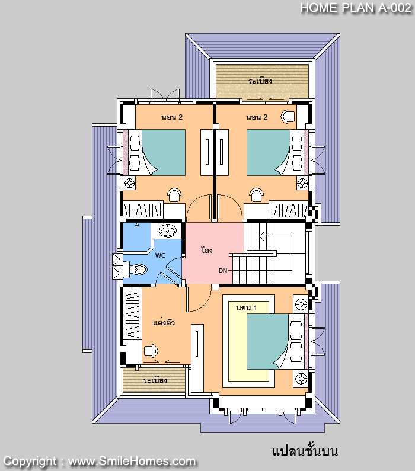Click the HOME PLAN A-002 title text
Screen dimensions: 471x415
[x=355, y=8]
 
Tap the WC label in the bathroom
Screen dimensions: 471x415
[x=160, y=256]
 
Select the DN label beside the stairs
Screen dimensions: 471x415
[x=223, y=270]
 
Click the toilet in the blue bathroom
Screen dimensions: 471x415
[x=137, y=270]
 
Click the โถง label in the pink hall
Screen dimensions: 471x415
[x=206, y=251]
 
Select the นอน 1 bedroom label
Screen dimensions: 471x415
[x=247, y=308]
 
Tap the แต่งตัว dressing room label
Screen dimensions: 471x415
[x=164, y=323]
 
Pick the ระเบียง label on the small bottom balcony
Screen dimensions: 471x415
[x=155, y=380]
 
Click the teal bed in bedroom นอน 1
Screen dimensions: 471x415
[x=267, y=341]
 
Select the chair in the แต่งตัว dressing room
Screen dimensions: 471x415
[x=151, y=350]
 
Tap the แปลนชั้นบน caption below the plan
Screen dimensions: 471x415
[x=305, y=451]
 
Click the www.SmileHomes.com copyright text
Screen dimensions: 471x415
[x=132, y=461]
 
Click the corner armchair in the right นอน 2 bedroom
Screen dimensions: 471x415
[x=288, y=116]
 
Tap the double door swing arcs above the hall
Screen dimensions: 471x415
[x=214, y=208]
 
